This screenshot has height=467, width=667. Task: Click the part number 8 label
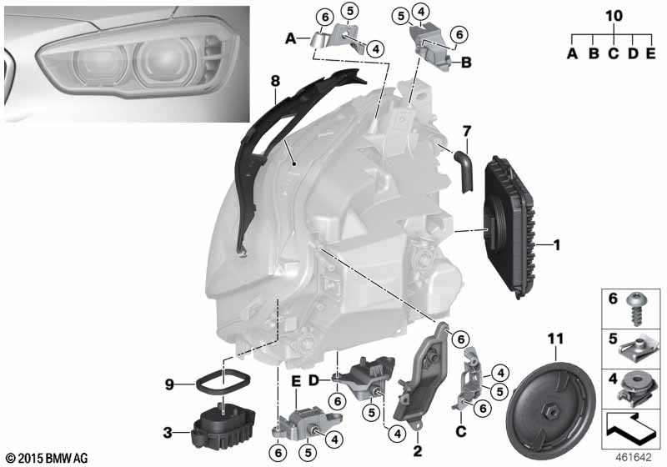[275, 81]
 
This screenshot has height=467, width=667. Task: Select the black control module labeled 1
[510, 227]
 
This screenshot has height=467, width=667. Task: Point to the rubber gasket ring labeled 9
[223, 383]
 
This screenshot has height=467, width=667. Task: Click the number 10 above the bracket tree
[614, 16]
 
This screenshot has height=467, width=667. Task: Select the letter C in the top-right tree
[613, 53]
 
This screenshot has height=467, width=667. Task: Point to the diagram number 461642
[634, 458]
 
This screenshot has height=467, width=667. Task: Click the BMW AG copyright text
[48, 459]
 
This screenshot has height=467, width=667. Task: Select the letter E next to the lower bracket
[296, 381]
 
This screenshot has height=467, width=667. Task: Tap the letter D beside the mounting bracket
[313, 380]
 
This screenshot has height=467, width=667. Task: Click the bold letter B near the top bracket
[466, 63]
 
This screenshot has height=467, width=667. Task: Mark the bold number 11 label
[555, 339]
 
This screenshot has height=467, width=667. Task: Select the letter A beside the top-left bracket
[290, 39]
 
